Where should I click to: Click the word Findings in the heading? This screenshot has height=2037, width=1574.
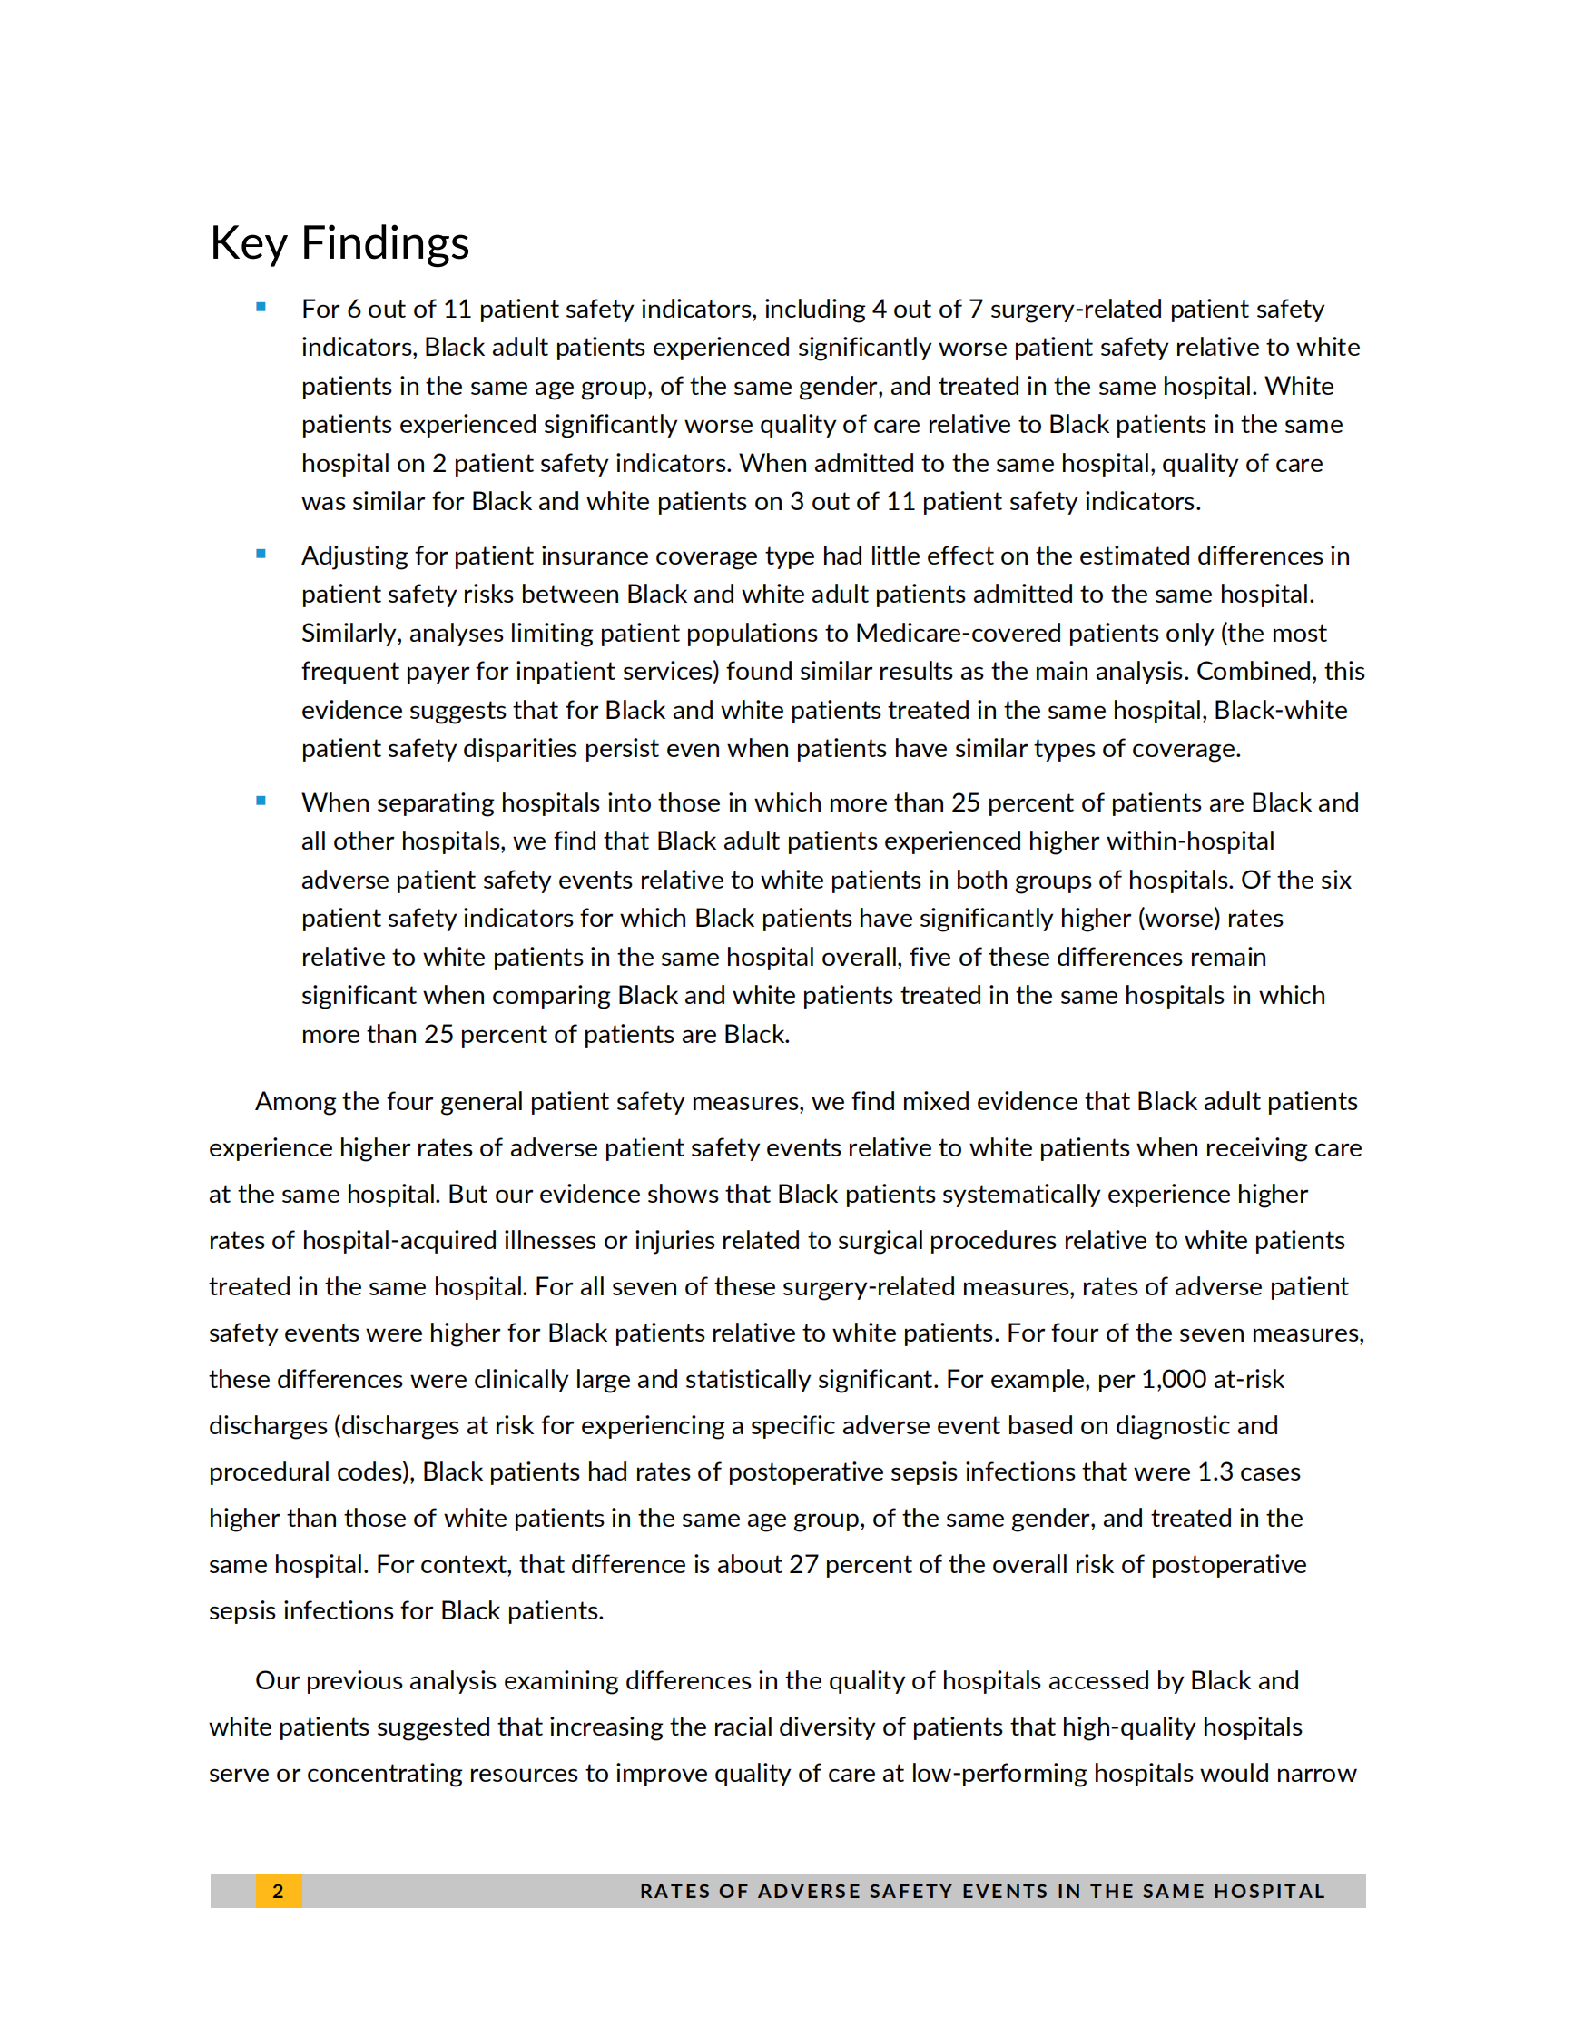tap(384, 243)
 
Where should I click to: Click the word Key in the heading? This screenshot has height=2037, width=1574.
tap(248, 243)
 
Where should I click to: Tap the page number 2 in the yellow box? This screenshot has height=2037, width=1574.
tap(278, 1891)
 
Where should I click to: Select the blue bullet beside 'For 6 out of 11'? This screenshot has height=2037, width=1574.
tap(261, 307)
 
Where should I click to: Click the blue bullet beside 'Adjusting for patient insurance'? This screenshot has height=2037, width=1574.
tap(261, 554)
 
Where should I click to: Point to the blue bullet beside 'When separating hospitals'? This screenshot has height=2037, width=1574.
tap(261, 801)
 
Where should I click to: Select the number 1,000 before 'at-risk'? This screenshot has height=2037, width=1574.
tap(1174, 1380)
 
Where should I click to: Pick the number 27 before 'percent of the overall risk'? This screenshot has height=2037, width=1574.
tap(802, 1564)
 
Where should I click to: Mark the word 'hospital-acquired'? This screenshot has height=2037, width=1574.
tap(403, 1241)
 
